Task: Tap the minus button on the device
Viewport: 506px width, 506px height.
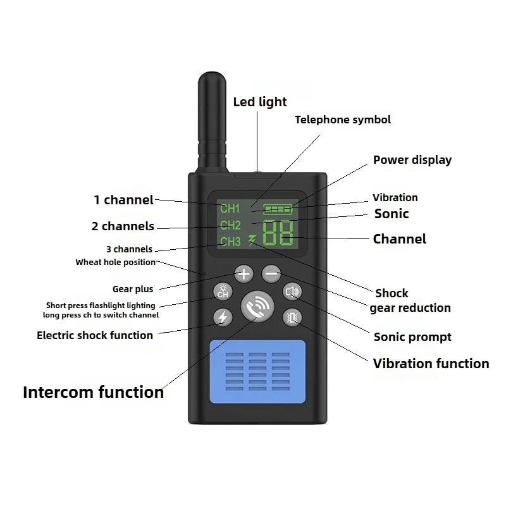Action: pos(271,274)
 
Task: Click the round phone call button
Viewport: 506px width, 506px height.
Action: pos(257,307)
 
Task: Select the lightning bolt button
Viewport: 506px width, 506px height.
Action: pos(223,318)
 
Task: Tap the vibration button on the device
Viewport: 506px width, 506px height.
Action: pos(292,318)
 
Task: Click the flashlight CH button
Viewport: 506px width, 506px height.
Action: pos(223,291)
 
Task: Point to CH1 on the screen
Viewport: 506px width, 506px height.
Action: pos(230,209)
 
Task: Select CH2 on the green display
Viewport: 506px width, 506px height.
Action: pos(230,225)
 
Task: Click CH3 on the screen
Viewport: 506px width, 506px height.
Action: pos(230,242)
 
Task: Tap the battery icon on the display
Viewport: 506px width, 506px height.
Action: pos(278,209)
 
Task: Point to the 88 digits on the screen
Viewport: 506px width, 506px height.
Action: pos(278,233)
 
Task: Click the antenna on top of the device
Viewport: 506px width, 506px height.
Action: pos(213,123)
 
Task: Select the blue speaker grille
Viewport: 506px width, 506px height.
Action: pos(257,371)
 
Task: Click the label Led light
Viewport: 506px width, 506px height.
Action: pos(260,102)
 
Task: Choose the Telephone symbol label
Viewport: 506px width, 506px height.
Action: pos(343,120)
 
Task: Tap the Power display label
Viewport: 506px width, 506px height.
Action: pos(412,160)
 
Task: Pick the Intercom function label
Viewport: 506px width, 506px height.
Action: pos(94,392)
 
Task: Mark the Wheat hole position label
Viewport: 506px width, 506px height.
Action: pos(116,262)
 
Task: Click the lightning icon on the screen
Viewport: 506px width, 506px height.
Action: pos(252,240)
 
